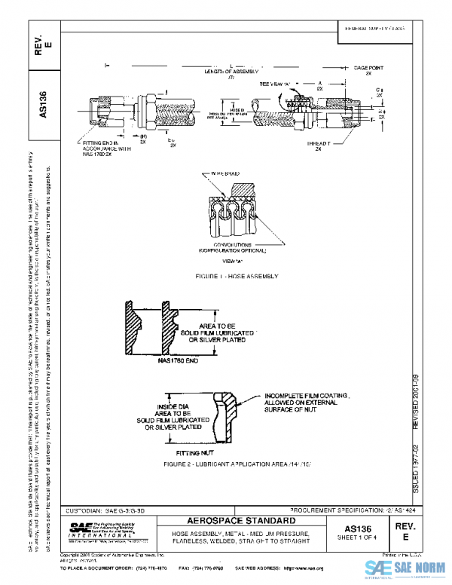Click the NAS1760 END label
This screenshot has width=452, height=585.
[x=176, y=361]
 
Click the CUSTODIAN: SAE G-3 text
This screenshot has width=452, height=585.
[x=104, y=511]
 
